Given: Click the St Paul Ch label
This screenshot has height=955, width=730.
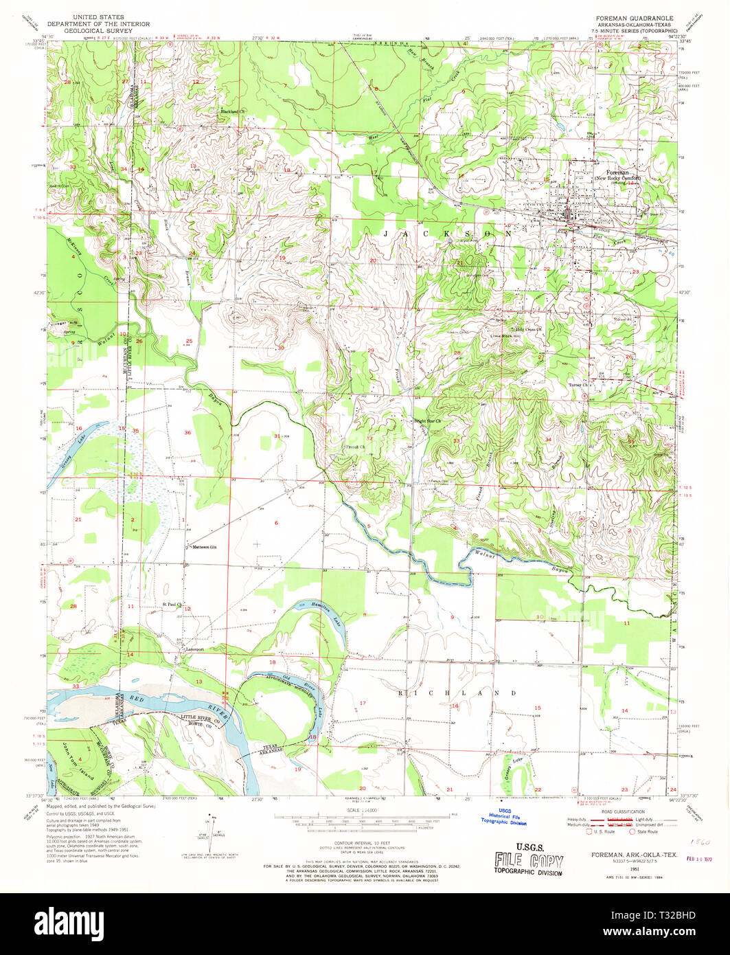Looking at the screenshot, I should click(x=173, y=605).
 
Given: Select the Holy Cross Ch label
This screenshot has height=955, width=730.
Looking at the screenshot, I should click(x=529, y=329).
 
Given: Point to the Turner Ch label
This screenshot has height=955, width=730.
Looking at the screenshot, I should click(x=580, y=385).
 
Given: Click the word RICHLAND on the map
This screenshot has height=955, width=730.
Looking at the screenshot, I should click(x=457, y=693).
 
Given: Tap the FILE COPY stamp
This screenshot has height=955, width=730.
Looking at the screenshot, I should click(x=528, y=860).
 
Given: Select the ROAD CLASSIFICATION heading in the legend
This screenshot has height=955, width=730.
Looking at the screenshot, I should click(x=621, y=812).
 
